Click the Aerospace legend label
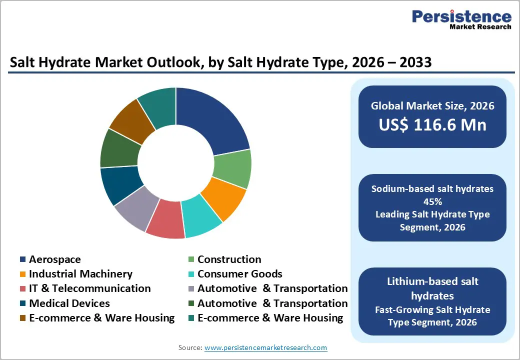tap(54, 259)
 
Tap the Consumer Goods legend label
tap(239, 274)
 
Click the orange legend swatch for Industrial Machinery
tap(23, 274)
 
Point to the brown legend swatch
tap(23, 318)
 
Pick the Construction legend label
tap(229, 259)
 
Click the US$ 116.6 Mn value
tap(432, 124)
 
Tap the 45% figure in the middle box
tap(432, 201)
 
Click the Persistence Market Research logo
tap(461, 20)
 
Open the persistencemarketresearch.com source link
tap(265, 347)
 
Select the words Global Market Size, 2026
tap(432, 105)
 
